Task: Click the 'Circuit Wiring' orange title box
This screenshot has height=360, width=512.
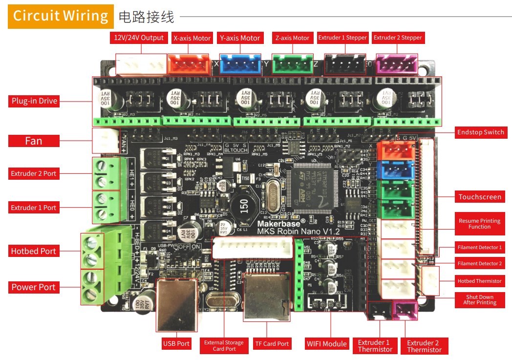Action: (x=61, y=16)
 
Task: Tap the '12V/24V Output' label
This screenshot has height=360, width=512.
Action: (x=139, y=38)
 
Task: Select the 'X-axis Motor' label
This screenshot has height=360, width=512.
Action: (x=192, y=38)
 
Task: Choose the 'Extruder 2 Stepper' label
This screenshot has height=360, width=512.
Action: (x=398, y=38)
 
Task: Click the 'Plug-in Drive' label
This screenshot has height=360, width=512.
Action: (x=34, y=101)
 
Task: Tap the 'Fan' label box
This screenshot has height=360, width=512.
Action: (x=34, y=141)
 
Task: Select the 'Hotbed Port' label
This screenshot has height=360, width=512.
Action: (x=34, y=251)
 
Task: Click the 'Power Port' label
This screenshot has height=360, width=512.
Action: (x=34, y=287)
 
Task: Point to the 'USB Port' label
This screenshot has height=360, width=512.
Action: (x=176, y=343)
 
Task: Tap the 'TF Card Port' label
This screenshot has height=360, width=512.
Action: (x=272, y=343)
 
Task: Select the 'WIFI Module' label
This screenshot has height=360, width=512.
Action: (x=326, y=343)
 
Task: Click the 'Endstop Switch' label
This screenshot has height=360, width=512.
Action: (x=480, y=132)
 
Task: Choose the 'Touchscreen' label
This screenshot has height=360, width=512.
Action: (x=480, y=197)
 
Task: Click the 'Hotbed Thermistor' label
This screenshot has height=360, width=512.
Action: (x=479, y=281)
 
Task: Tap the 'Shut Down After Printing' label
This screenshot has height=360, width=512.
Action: (x=479, y=299)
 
